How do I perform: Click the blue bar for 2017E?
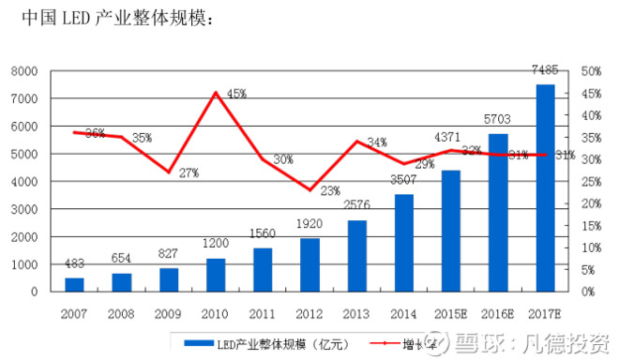click(545, 187)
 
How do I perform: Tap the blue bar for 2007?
click(74, 284)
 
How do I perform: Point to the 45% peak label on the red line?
click(236, 94)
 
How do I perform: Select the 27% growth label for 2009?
click(189, 173)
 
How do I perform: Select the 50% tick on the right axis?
click(591, 71)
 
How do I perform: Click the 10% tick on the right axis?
click(591, 247)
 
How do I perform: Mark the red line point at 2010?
click(216, 93)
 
